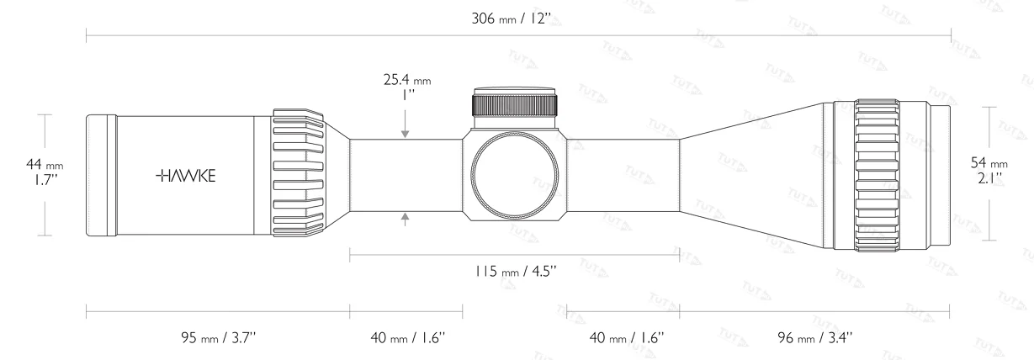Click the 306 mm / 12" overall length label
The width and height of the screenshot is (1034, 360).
pyautogui.click(x=512, y=19)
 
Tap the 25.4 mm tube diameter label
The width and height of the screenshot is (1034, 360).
pyautogui.click(x=406, y=88)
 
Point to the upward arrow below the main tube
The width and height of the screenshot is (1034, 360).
pyautogui.click(x=406, y=219)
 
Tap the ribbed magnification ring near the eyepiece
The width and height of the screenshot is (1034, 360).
pyautogui.click(x=299, y=175)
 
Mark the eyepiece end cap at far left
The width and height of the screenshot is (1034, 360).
pyautogui.click(x=101, y=175)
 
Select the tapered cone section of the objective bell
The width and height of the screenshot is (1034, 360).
pyautogui.click(x=753, y=175)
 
